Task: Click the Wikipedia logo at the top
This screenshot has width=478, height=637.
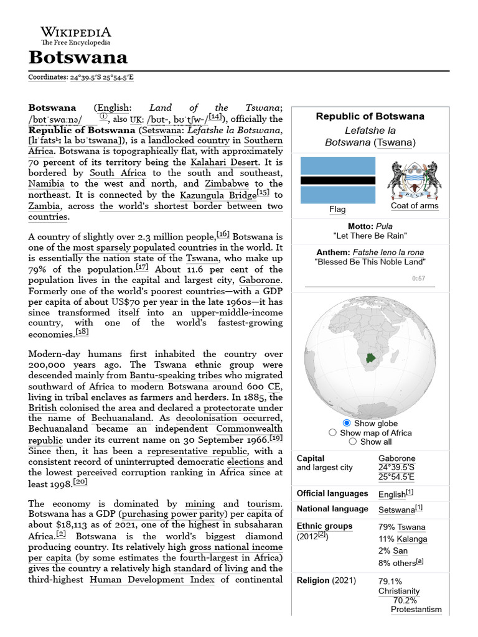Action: pyautogui.click(x=75, y=35)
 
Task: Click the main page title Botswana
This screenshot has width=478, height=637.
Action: pyautogui.click(x=78, y=58)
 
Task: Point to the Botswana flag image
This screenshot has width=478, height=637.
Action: pyautogui.click(x=338, y=180)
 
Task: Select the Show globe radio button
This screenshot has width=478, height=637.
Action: pyautogui.click(x=347, y=423)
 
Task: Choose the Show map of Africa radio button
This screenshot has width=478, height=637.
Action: pyautogui.click(x=332, y=432)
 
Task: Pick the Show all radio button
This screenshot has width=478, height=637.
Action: pyautogui.click(x=353, y=442)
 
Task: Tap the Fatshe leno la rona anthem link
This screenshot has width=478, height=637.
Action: pyautogui.click(x=388, y=253)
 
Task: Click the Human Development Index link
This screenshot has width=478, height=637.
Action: pyautogui.click(x=152, y=580)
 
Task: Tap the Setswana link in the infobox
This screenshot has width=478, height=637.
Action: pyautogui.click(x=396, y=509)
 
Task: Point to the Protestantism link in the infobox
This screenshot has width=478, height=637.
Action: pyautogui.click(x=416, y=610)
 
